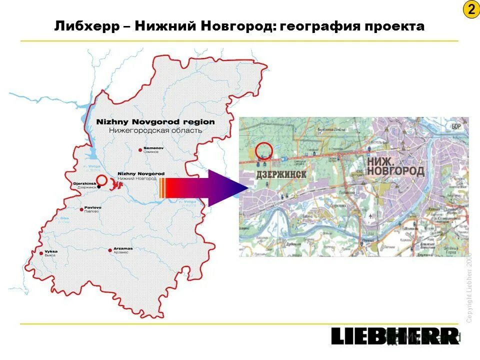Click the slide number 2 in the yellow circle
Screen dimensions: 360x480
pyautogui.click(x=470, y=10)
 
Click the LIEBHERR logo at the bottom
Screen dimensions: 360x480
pyautogui.click(x=394, y=336)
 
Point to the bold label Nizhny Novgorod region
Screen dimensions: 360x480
pyautogui.click(x=155, y=122)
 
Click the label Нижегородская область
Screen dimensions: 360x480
pyautogui.click(x=155, y=130)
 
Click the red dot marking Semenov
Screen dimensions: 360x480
pyautogui.click(x=140, y=149)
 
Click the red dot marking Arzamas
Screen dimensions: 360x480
pyautogui.click(x=109, y=250)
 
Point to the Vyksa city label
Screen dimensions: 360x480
pyautogui.click(x=50, y=252)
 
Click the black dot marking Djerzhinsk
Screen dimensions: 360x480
pyautogui.click(x=99, y=186)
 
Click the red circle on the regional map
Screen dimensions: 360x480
pyautogui.click(x=101, y=180)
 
